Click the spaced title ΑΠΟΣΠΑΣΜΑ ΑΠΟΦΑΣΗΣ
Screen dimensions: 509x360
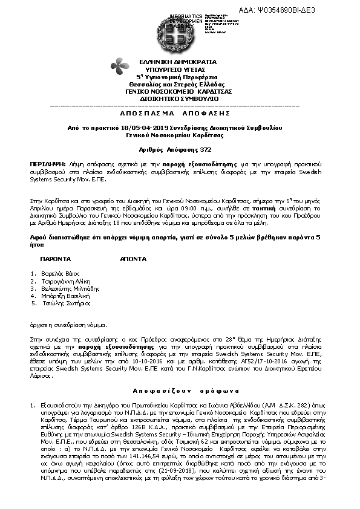(x=180, y=113)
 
